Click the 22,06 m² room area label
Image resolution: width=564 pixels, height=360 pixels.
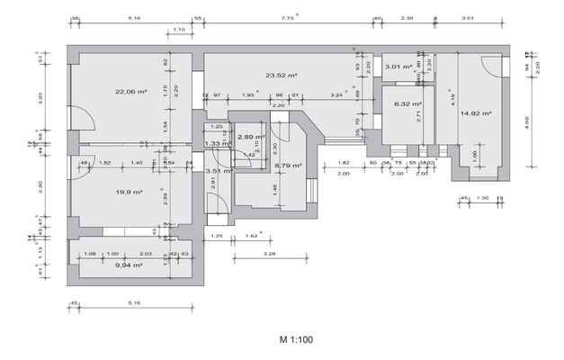pos(130,91)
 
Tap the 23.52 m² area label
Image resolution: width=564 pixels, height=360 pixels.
pos(282,76)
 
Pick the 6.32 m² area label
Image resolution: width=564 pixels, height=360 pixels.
pos(407,103)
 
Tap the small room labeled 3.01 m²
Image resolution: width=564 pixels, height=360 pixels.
pos(398,67)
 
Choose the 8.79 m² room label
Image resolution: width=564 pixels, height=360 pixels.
pos(287,166)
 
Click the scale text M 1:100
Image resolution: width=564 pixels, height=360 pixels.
pos(296,341)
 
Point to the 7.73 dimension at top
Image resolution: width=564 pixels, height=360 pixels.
pos(288,17)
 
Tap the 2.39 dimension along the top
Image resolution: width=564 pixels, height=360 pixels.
pos(407,17)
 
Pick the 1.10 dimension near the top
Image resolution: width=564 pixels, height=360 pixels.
pos(178,31)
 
